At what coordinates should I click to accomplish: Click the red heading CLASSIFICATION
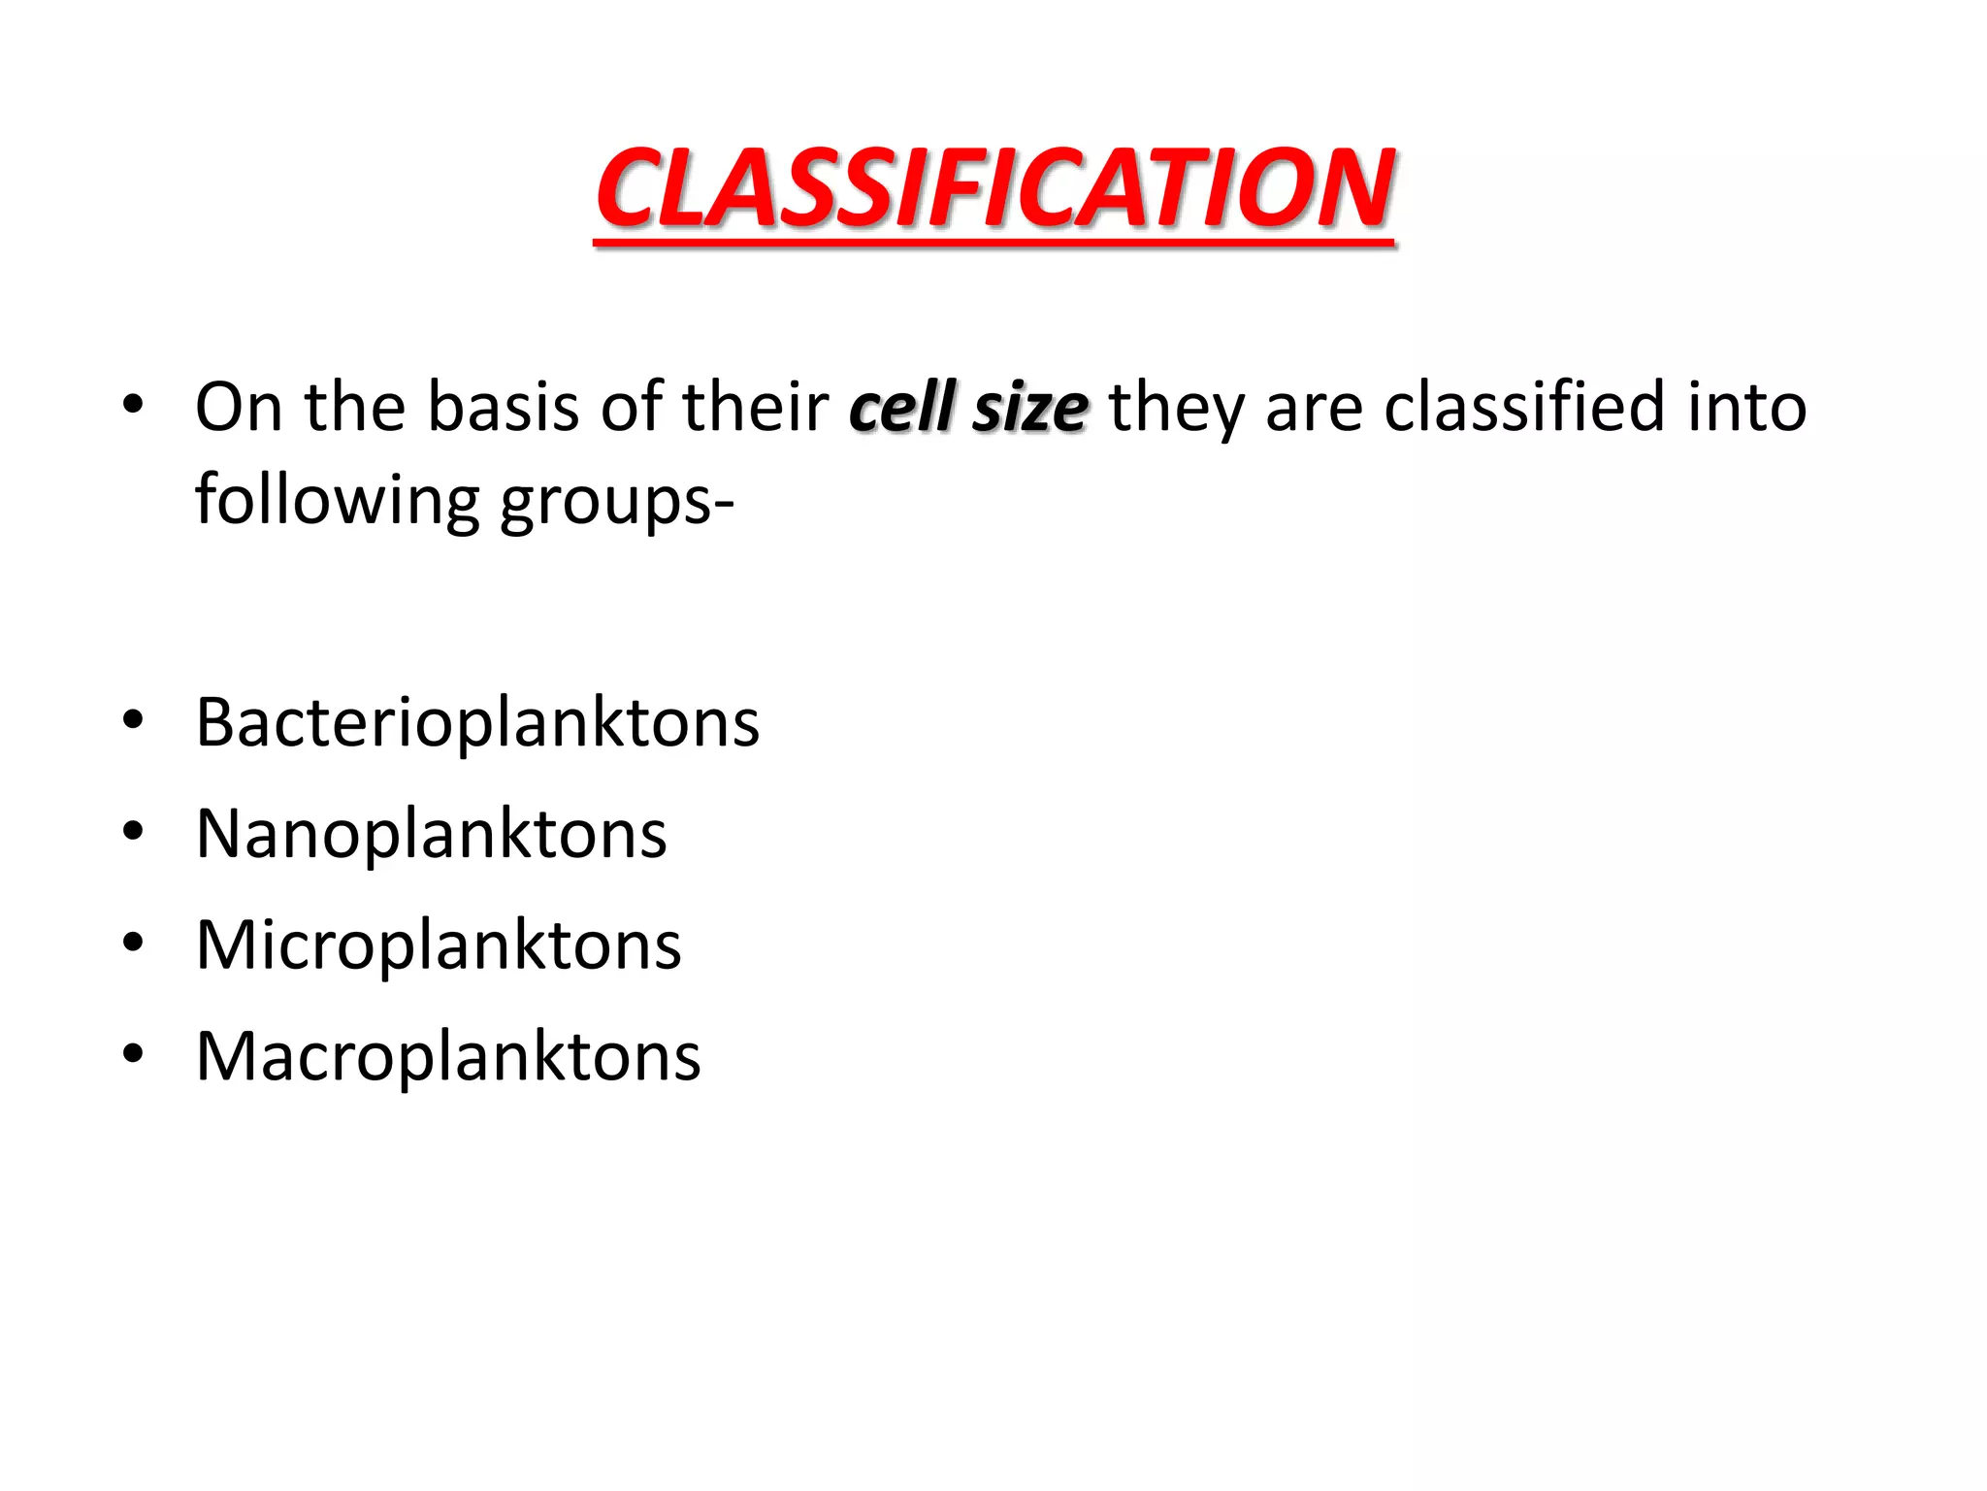pyautogui.click(x=994, y=188)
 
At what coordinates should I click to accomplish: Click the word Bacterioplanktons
pyautogui.click(x=477, y=723)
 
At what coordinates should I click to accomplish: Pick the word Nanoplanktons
pyautogui.click(x=431, y=834)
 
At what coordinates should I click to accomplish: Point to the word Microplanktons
pyautogui.click(x=439, y=944)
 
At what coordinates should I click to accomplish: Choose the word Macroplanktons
pyautogui.click(x=448, y=1056)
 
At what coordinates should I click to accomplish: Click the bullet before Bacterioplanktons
pyautogui.click(x=133, y=720)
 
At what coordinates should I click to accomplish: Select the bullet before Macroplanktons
pyautogui.click(x=133, y=1053)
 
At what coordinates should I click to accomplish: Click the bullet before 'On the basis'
pyautogui.click(x=133, y=404)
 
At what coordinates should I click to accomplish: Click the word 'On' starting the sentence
pyautogui.click(x=239, y=407)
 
